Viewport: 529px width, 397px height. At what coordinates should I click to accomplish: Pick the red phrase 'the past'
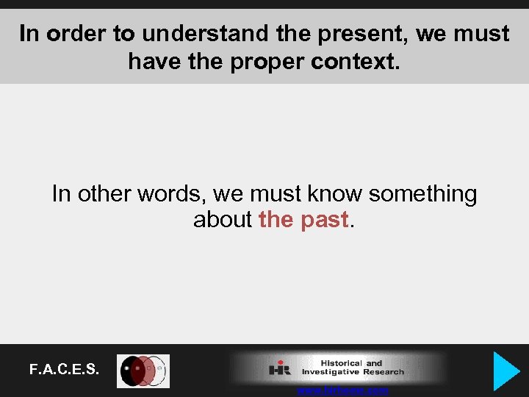pos(303,220)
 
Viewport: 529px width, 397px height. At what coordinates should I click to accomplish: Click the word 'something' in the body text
pos(422,194)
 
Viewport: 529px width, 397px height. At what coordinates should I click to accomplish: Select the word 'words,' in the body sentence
pos(173,194)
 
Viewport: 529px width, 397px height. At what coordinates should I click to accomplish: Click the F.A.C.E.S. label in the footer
pos(64,370)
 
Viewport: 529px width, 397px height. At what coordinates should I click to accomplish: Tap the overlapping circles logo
pos(144,371)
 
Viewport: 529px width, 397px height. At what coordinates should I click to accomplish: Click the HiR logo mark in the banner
pos(280,368)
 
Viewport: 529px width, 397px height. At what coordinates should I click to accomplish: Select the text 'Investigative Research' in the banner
pos(353,373)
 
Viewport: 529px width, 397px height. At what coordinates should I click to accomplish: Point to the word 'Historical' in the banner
pos(341,363)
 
